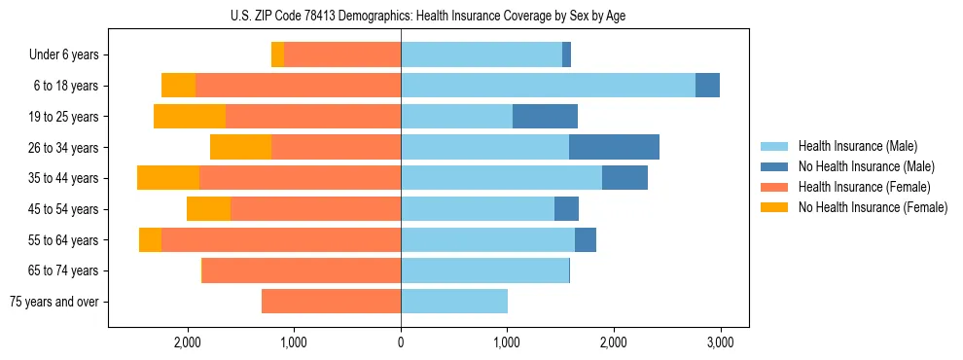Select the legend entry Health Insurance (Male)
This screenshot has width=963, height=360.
point(857,147)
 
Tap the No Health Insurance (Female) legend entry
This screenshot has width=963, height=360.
point(873,207)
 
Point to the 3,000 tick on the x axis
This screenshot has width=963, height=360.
point(720,342)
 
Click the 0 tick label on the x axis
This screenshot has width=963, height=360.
point(401,342)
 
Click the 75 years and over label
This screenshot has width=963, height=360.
point(54,302)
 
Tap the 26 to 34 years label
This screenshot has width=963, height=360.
point(66,148)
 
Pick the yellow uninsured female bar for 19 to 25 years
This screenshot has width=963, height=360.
point(190,117)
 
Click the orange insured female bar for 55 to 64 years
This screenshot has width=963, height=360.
point(281,240)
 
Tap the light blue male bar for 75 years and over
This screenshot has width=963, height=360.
point(453,302)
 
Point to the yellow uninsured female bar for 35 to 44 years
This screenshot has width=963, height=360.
point(168,178)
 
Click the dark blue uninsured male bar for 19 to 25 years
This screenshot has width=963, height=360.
point(545,117)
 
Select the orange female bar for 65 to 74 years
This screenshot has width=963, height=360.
point(301,270)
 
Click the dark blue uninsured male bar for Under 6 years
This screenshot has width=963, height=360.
point(566,55)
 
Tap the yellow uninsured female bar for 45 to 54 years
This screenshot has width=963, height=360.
point(208,209)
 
